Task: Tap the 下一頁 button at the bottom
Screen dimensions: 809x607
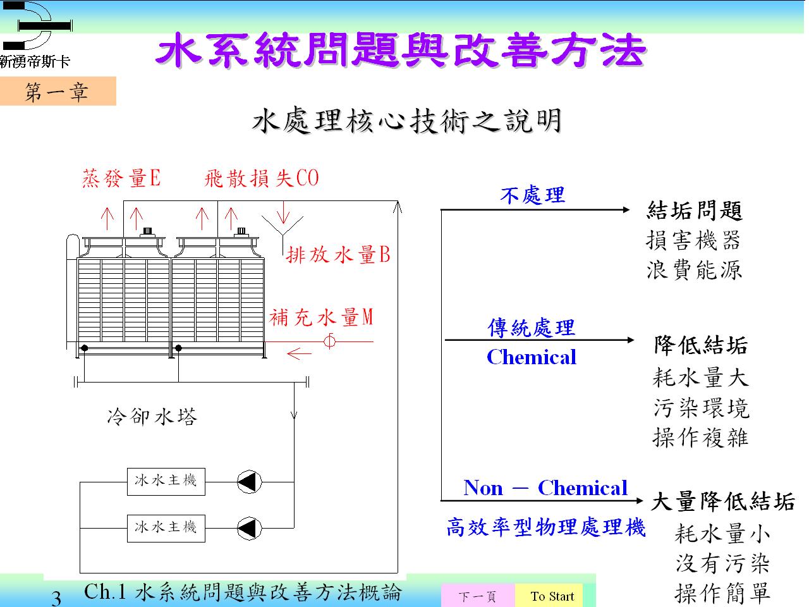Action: [478, 596]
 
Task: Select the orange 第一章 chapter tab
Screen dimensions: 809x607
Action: [58, 91]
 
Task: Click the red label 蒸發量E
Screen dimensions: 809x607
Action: [121, 178]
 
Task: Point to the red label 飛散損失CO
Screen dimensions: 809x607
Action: [261, 178]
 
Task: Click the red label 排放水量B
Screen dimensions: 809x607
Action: [338, 254]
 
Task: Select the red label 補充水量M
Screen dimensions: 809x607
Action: [321, 317]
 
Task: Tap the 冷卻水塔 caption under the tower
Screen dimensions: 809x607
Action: [152, 417]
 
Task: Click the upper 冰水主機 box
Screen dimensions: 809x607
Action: [166, 482]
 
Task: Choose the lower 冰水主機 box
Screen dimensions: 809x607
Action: [166, 529]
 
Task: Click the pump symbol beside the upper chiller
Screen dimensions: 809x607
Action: [250, 482]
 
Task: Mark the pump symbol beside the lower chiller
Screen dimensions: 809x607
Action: [250, 529]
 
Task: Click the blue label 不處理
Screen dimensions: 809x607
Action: [533, 195]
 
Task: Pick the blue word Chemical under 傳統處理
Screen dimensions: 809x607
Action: [532, 357]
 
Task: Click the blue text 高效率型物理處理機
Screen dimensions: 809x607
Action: [546, 527]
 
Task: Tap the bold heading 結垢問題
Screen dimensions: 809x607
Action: [695, 211]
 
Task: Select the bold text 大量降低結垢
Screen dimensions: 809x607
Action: [723, 501]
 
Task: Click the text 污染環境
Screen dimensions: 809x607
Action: [702, 408]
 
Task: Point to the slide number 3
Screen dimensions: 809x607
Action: [56, 598]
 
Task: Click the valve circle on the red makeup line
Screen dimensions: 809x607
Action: [329, 341]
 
